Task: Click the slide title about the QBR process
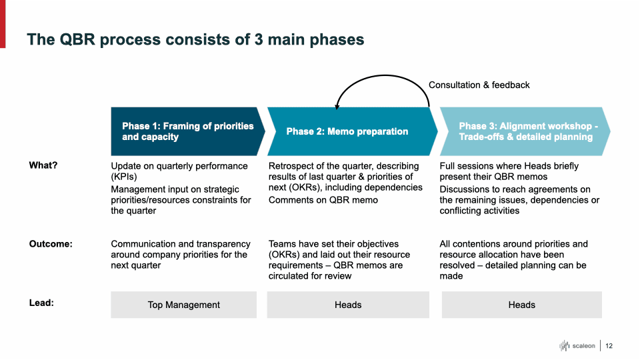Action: (x=195, y=39)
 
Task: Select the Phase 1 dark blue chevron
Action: (x=187, y=131)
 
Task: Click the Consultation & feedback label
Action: (x=479, y=85)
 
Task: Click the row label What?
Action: (x=43, y=166)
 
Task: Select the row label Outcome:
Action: (x=51, y=244)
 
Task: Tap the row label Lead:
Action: (x=41, y=303)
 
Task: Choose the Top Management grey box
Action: (x=183, y=305)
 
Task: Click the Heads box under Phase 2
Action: (x=347, y=305)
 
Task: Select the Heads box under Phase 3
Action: (x=521, y=305)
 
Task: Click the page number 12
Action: (x=609, y=345)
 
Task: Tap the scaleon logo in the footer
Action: (x=577, y=345)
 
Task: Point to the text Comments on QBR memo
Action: (x=323, y=200)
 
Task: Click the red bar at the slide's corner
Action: (x=3, y=23)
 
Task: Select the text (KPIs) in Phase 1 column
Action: (x=124, y=177)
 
